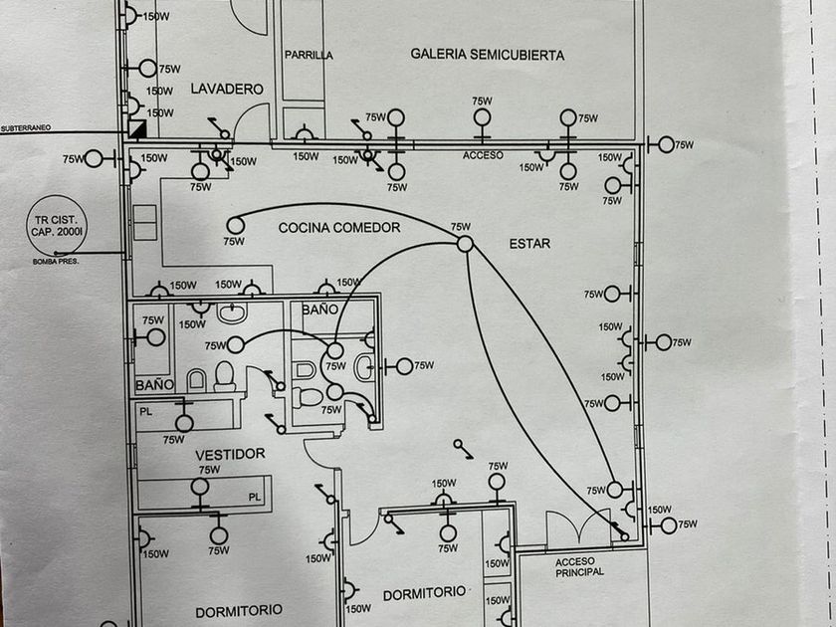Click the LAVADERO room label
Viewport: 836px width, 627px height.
227,89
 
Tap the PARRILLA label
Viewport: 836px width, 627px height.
309,55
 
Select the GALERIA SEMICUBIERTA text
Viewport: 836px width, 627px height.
488,55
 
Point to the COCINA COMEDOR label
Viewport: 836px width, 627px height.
339,228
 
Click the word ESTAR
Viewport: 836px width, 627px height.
529,244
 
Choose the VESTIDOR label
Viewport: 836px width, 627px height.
230,455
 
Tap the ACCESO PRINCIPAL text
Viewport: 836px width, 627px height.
579,566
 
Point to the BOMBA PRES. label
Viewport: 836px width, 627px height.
56,262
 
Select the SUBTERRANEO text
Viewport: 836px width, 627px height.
26,128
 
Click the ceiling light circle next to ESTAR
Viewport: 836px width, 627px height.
465,244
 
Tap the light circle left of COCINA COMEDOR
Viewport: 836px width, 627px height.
235,226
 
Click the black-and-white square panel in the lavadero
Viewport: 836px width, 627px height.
137,128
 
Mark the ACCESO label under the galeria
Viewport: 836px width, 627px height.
483,155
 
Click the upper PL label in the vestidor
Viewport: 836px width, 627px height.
145,412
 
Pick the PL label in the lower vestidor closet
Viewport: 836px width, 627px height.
255,497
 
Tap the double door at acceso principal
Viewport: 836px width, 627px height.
578,527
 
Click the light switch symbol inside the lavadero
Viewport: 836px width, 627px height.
220,128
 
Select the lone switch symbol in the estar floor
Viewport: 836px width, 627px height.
463,449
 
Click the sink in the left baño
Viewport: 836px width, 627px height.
232,313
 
